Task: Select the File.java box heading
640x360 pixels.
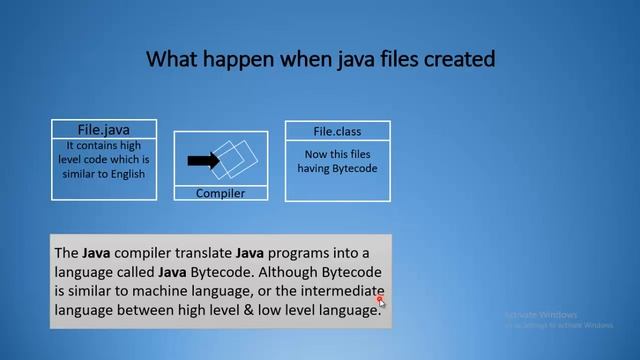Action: tap(104, 129)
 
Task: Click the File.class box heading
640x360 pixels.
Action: tap(337, 131)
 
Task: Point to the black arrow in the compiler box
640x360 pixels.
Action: tap(204, 159)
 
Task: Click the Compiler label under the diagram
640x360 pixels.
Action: tap(220, 193)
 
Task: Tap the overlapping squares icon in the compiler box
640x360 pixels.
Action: tap(236, 157)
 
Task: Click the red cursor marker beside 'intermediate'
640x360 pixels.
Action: tap(380, 298)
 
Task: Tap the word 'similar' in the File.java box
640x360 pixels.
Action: tap(72, 174)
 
